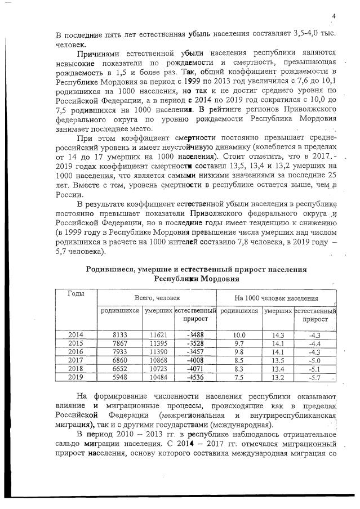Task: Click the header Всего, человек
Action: (x=157, y=297)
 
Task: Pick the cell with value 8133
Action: (x=119, y=334)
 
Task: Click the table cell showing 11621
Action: (x=158, y=334)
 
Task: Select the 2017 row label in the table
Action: (x=75, y=360)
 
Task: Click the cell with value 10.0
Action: (x=239, y=334)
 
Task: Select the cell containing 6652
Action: (x=119, y=368)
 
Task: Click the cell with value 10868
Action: (x=158, y=360)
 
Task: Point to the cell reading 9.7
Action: (x=239, y=343)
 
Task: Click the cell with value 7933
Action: (x=119, y=351)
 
